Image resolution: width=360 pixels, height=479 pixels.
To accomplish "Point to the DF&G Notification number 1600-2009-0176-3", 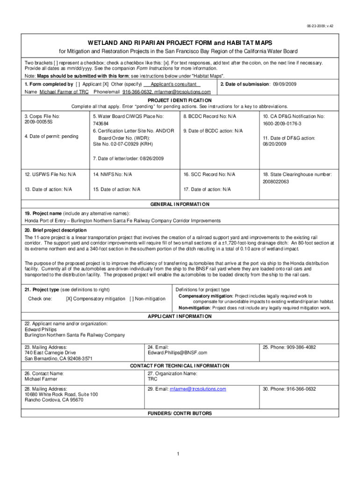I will pyautogui.click(x=282, y=123).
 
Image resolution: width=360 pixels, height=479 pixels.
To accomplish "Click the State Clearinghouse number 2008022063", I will pyautogui.click(x=276, y=181).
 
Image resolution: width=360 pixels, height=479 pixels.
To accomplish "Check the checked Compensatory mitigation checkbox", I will pyautogui.click(x=69, y=298).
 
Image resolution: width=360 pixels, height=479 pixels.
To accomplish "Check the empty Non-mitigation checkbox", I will pyautogui.click(x=132, y=298).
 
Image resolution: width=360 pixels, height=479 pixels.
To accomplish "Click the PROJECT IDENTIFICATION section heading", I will pyautogui.click(x=180, y=100).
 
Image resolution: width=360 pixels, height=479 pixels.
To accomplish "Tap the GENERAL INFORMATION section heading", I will pyautogui.click(x=180, y=204).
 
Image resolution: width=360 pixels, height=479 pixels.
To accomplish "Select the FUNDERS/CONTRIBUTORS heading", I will pyautogui.click(x=180, y=414).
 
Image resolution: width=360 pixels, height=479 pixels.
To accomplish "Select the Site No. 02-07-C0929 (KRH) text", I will pyautogui.click(x=119, y=144).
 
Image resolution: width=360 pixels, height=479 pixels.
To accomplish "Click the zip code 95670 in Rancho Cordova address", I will pyautogui.click(x=76, y=400).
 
